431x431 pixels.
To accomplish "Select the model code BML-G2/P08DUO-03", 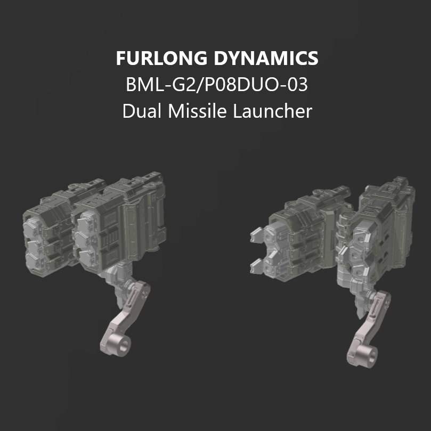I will (x=217, y=85).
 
